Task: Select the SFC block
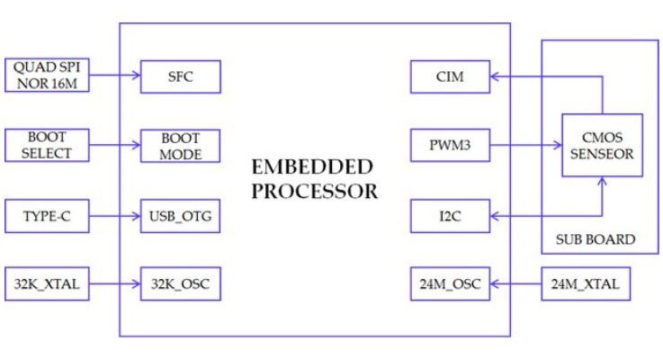(x=180, y=76)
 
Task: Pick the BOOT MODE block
(x=180, y=145)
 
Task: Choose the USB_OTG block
(x=180, y=216)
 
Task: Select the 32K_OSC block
(x=180, y=285)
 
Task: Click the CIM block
(x=449, y=76)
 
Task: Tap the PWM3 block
(x=449, y=145)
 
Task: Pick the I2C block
(x=449, y=216)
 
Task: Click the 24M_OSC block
(x=449, y=285)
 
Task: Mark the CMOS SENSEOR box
(x=602, y=145)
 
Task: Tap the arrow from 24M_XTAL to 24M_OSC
(x=515, y=285)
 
